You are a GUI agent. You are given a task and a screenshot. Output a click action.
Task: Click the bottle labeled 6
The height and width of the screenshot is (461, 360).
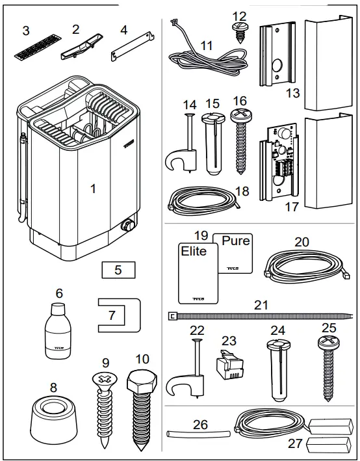(x=58, y=334)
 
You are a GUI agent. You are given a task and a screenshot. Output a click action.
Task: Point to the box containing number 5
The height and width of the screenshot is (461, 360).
(x=118, y=269)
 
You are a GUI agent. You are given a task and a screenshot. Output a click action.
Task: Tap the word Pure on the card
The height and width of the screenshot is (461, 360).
(x=235, y=241)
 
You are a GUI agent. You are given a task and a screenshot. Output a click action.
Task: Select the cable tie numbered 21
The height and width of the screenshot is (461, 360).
(x=260, y=317)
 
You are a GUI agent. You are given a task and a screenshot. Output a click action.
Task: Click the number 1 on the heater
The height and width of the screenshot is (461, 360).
(x=93, y=189)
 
